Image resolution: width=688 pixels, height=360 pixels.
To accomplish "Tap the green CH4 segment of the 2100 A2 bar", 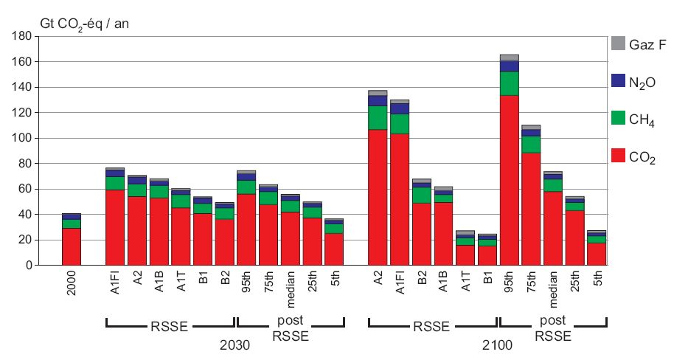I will pos(378,117).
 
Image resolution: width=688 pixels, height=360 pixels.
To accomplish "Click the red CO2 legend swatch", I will pos(619,155).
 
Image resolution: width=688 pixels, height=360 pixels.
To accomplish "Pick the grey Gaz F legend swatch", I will pos(619,44).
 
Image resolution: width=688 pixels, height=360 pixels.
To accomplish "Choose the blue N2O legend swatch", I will pos(619,80).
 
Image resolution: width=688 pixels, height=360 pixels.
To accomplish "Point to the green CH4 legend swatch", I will pos(619,118).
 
